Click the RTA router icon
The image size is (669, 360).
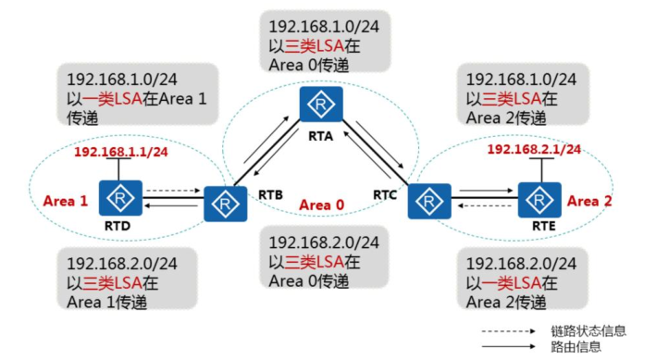[x=321, y=104]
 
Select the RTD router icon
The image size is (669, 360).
[x=120, y=198]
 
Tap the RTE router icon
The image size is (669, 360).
[x=539, y=200]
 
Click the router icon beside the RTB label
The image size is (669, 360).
[x=225, y=204]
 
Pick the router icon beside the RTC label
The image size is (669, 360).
[x=429, y=202]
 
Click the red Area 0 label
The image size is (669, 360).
[x=321, y=205]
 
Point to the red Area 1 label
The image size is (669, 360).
[x=66, y=201]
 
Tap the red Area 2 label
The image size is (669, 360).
[x=589, y=201]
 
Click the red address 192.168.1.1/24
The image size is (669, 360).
[x=121, y=152]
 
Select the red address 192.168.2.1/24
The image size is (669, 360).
[x=534, y=149]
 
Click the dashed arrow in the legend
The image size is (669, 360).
[x=509, y=331]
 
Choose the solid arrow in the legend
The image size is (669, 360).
[x=509, y=346]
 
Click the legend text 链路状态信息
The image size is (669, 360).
[x=588, y=331]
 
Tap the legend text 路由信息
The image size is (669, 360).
[x=576, y=346]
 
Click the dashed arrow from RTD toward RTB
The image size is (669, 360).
[x=173, y=191]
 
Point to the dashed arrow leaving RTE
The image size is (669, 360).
[x=484, y=206]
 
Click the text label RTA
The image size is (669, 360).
[x=321, y=136]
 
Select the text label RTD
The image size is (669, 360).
[x=118, y=226]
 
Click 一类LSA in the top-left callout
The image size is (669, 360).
[x=112, y=99]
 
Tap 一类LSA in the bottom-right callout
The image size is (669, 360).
[x=512, y=283]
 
